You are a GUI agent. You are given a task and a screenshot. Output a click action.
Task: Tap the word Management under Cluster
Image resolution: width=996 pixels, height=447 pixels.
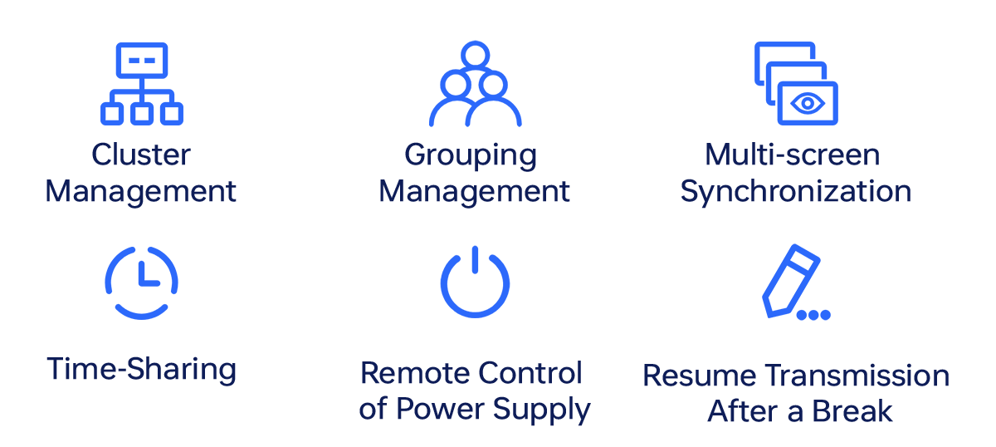point(140,191)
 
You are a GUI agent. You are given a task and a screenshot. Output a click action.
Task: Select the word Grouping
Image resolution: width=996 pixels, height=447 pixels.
point(471,155)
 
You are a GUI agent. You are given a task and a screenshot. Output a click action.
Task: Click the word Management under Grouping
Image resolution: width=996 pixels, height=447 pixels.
point(474,191)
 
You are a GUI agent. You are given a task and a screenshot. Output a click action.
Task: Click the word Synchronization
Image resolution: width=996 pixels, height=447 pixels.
point(796,191)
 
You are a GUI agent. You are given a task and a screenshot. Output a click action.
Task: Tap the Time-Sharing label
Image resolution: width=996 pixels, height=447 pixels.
point(141,370)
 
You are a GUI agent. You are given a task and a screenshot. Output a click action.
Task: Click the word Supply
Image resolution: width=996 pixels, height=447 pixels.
point(544,409)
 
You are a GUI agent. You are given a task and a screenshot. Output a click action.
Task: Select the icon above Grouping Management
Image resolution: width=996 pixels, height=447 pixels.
point(476,83)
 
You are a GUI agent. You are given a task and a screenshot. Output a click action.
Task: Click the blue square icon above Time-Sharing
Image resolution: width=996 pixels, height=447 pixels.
point(141,282)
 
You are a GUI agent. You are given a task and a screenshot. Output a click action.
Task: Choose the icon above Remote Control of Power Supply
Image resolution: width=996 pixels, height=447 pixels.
point(476,282)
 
